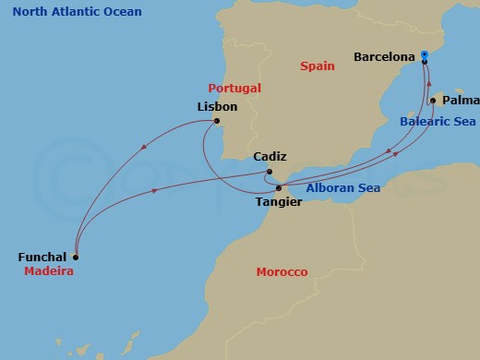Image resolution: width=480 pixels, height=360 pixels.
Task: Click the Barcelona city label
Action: click(x=384, y=57)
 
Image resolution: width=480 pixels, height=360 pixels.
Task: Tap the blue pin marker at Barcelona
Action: click(x=424, y=54)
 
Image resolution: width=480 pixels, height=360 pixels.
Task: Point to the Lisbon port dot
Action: click(x=216, y=122)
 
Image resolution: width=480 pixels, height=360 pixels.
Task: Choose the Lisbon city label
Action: click(x=218, y=107)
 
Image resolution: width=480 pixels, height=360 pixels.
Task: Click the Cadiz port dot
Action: click(x=268, y=172)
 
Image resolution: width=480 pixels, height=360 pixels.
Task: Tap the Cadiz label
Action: click(x=270, y=157)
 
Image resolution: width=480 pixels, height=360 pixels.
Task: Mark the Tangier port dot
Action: click(x=279, y=188)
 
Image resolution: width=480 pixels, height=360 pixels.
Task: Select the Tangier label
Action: click(x=279, y=201)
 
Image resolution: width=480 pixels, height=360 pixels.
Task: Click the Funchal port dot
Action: click(x=76, y=257)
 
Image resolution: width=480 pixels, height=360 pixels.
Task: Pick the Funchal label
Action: click(x=42, y=257)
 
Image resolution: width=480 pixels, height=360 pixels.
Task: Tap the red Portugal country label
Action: click(x=234, y=88)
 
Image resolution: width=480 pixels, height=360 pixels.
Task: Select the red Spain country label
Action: click(x=318, y=66)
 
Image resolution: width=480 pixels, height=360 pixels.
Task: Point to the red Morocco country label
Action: click(x=282, y=272)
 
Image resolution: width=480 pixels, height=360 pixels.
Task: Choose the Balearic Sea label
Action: click(x=438, y=121)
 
